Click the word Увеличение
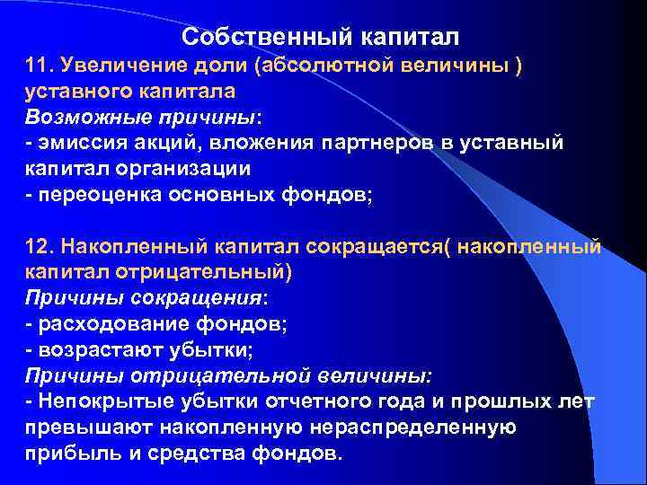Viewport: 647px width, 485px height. tap(116, 66)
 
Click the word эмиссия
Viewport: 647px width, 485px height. tap(81, 144)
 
